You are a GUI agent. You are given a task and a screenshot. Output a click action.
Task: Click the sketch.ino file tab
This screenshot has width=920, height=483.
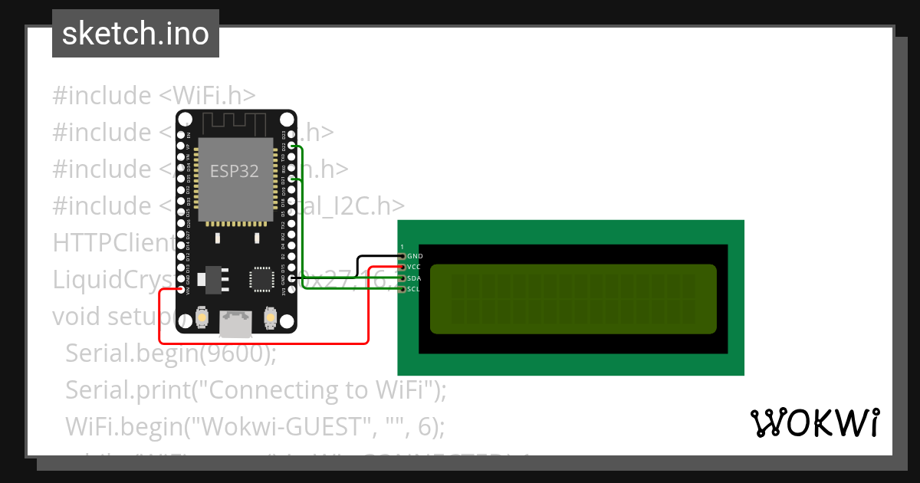pyautogui.click(x=135, y=34)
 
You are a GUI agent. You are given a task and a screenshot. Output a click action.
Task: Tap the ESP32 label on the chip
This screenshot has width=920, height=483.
pyautogui.click(x=235, y=172)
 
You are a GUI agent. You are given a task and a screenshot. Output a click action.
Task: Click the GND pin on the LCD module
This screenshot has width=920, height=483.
pyautogui.click(x=402, y=256)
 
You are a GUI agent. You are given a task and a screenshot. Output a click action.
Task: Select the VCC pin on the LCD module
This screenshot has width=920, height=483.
pyautogui.click(x=402, y=267)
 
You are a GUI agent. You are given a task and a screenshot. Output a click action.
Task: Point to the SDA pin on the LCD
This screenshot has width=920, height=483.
pyautogui.click(x=402, y=278)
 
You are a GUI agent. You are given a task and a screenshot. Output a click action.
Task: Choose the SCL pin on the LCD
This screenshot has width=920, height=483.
pyautogui.click(x=402, y=289)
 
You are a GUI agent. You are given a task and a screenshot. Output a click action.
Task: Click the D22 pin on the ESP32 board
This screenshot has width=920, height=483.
pyautogui.click(x=291, y=145)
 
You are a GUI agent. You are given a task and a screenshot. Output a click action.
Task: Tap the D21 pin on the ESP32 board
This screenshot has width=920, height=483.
pyautogui.click(x=291, y=179)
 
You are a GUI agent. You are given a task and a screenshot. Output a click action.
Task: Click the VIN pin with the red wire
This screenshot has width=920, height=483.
pyautogui.click(x=181, y=290)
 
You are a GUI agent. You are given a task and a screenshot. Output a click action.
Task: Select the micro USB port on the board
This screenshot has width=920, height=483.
pyautogui.click(x=235, y=324)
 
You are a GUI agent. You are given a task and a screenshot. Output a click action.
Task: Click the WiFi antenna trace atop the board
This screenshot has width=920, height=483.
pyautogui.click(x=235, y=121)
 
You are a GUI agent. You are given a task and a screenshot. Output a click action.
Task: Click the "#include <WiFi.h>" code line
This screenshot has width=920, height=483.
pyautogui.click(x=154, y=96)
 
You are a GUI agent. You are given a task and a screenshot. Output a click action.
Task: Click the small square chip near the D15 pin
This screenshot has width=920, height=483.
pyautogui.click(x=261, y=279)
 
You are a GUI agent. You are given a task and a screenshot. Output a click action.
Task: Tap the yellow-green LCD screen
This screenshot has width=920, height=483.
pyautogui.click(x=573, y=299)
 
